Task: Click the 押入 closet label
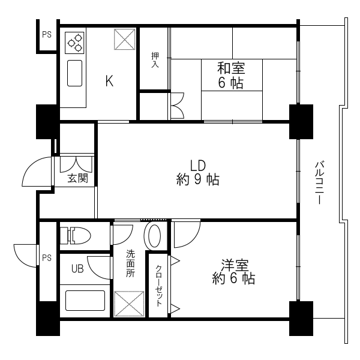click(154, 59)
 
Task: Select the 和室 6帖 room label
click(230, 76)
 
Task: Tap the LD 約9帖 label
click(197, 172)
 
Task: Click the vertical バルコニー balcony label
click(320, 183)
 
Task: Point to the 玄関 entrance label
click(77, 178)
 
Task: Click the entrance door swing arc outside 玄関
click(37, 172)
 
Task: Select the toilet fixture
click(75, 235)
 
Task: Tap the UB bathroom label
click(77, 268)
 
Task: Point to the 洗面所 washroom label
click(130, 263)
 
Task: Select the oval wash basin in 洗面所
click(153, 236)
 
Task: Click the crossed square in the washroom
click(129, 304)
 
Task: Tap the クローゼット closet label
click(159, 286)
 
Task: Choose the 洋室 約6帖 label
click(234, 272)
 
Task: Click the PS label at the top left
click(46, 35)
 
